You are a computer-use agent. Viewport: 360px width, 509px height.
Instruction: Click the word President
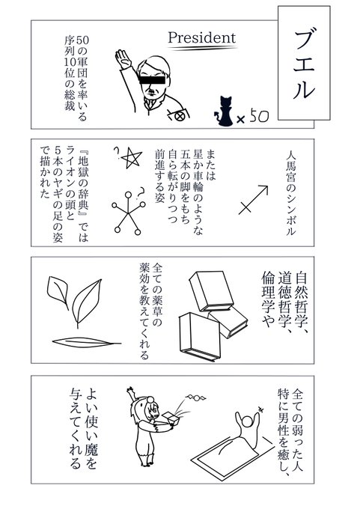[201, 38]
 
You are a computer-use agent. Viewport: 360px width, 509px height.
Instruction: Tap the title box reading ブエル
[304, 63]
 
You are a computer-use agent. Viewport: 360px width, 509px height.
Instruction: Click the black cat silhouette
[225, 111]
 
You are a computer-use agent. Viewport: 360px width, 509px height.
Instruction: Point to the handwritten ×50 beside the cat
[253, 118]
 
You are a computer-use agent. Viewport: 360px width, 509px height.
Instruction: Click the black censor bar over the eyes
[152, 79]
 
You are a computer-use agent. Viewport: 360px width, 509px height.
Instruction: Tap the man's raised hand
[123, 58]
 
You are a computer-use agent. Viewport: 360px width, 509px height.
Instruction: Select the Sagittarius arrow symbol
[253, 200]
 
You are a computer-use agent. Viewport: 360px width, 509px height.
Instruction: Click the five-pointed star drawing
[131, 157]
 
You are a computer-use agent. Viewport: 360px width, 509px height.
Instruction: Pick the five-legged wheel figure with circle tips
[128, 213]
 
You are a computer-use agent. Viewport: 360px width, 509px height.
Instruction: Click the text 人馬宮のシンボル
[291, 192]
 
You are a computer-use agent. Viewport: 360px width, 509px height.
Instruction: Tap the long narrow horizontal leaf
[86, 343]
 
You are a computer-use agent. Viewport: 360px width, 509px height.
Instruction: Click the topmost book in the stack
[211, 291]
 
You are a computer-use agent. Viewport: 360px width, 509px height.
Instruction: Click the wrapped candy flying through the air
[196, 397]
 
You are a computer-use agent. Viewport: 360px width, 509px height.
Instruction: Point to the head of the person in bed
[248, 421]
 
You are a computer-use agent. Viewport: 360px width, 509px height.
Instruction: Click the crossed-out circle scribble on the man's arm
[179, 115]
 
